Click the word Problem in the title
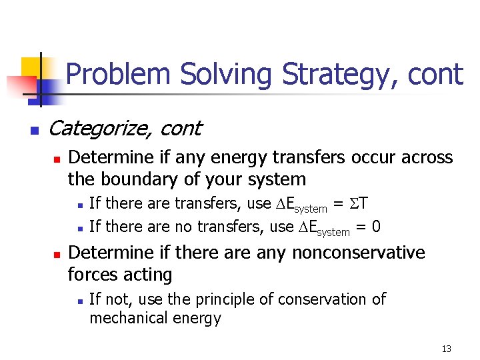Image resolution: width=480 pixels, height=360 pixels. click(118, 74)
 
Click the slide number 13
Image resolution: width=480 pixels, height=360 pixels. click(446, 349)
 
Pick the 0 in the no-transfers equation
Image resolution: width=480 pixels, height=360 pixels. click(377, 227)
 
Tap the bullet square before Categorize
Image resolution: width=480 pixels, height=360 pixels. click(35, 129)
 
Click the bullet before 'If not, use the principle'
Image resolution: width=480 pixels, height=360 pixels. click(79, 301)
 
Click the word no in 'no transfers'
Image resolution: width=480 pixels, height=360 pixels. click(177, 227)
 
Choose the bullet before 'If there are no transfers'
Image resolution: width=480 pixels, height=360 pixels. click(79, 228)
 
